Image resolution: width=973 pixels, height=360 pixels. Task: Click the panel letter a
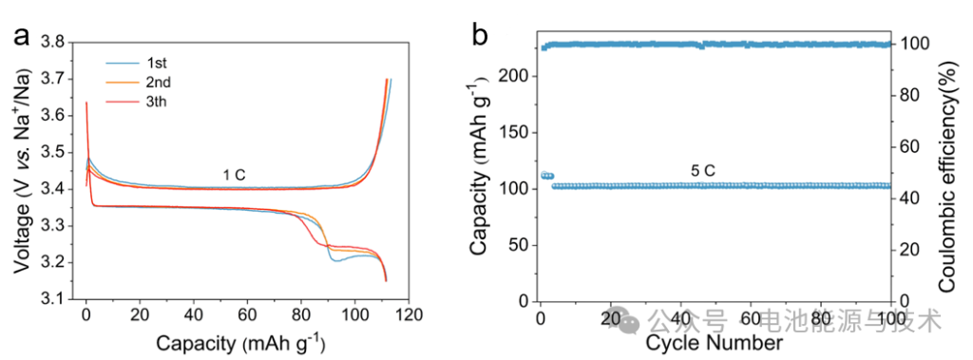pyautogui.click(x=21, y=37)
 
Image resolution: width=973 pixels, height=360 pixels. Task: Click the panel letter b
pyautogui.click(x=481, y=37)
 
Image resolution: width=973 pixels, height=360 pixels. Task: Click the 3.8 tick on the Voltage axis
pyautogui.click(x=54, y=43)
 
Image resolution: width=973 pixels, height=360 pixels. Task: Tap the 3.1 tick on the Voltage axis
pyautogui.click(x=54, y=300)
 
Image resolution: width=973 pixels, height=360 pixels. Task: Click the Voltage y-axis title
pyautogui.click(x=20, y=171)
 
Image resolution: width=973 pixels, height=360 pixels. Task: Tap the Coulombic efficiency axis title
pyautogui.click(x=946, y=171)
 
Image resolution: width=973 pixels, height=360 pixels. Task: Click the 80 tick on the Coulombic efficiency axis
pyautogui.click(x=908, y=95)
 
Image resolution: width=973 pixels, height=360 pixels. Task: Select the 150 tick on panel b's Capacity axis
pyautogui.click(x=517, y=132)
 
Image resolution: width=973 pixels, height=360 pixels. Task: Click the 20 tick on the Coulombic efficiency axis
pyautogui.click(x=908, y=249)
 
